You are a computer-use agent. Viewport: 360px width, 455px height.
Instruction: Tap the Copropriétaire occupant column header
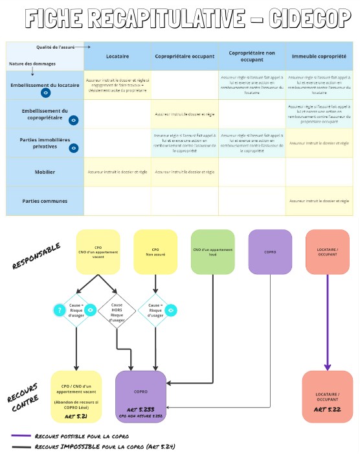[x=185, y=56]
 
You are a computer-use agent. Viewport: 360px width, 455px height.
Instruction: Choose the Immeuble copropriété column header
[x=319, y=56]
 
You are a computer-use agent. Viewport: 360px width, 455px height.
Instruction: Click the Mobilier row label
[x=44, y=172]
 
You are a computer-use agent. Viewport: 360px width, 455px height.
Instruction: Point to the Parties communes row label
[x=44, y=201]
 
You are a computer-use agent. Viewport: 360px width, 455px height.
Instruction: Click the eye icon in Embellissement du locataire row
[x=45, y=93]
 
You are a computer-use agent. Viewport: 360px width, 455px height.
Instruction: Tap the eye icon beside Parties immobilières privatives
[x=74, y=148]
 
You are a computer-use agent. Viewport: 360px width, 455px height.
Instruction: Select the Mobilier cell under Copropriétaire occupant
[x=185, y=172]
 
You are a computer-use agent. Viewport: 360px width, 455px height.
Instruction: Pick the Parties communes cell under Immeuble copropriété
[x=319, y=202]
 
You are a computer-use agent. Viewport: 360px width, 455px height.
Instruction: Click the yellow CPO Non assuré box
[x=155, y=251]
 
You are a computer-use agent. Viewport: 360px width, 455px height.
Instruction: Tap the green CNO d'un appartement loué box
[x=213, y=251]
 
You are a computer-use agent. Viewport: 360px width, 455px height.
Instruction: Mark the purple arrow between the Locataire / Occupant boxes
[x=327, y=324]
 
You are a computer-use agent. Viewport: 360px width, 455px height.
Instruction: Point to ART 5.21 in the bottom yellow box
[x=76, y=415]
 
